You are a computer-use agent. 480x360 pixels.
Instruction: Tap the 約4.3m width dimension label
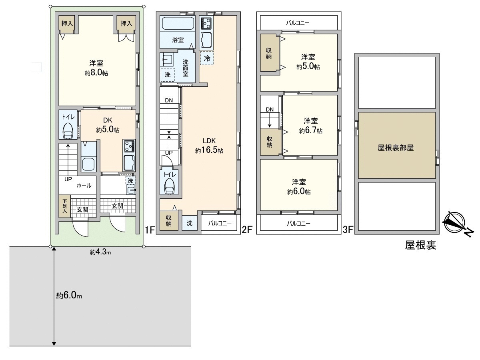pyautogui.click(x=100, y=252)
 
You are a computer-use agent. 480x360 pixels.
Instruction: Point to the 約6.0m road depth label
pyautogui.click(x=69, y=296)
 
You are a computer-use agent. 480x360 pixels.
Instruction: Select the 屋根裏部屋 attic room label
pyautogui.click(x=396, y=148)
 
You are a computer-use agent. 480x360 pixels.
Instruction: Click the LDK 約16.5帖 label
pyautogui.click(x=209, y=145)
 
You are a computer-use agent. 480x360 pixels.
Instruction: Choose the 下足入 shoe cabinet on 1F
pyautogui.click(x=64, y=206)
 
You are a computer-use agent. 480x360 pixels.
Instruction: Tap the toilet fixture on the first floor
pyautogui.click(x=68, y=131)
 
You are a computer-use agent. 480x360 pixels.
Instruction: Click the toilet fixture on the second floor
pyautogui.click(x=169, y=186)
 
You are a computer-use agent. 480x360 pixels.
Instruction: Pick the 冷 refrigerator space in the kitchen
pyautogui.click(x=207, y=58)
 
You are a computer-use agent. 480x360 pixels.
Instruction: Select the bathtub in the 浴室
pyautogui.click(x=178, y=23)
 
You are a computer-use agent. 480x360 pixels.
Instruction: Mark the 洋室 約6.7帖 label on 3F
pyautogui.click(x=310, y=126)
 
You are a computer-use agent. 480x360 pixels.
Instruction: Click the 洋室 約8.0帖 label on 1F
pyautogui.click(x=96, y=68)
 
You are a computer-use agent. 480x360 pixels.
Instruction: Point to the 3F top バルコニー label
pyautogui.click(x=298, y=23)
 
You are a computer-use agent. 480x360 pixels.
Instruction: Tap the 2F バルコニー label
pyautogui.click(x=220, y=223)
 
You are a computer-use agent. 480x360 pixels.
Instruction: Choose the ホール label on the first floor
pyautogui.click(x=84, y=186)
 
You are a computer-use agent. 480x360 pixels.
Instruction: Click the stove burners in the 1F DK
pyautogui.click(x=130, y=146)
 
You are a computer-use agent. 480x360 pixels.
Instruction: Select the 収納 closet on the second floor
pyautogui.click(x=169, y=221)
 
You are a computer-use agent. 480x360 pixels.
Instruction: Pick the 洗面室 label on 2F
pyautogui.click(x=186, y=68)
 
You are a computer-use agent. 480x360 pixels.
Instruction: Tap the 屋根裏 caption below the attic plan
pyautogui.click(x=421, y=245)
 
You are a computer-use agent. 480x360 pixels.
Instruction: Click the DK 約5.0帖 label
pyautogui.click(x=108, y=125)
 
